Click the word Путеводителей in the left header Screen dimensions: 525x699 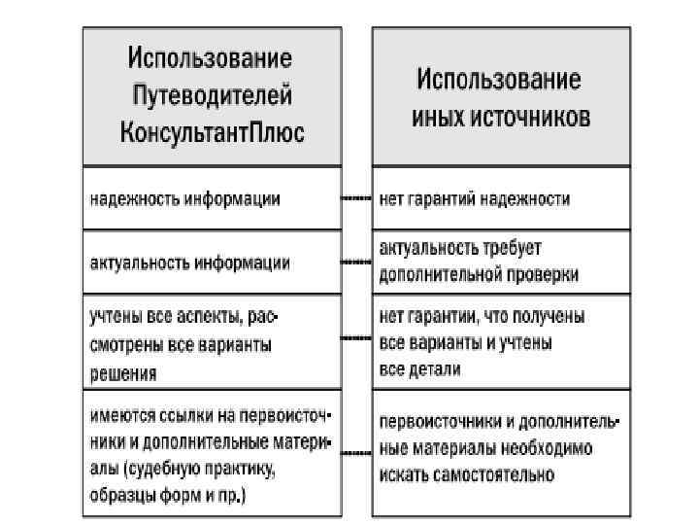tap(212, 95)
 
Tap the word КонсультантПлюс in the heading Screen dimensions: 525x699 tap(212, 131)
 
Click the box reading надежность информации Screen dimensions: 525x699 tap(212, 198)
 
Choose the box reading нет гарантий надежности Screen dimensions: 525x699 tap(501, 198)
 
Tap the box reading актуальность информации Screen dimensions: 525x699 tap(212, 262)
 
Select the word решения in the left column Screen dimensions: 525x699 tap(123, 371)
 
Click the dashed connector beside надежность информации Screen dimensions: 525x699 tap(355, 198)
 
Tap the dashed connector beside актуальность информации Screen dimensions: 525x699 tap(355, 262)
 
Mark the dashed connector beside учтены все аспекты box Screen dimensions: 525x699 tap(355, 339)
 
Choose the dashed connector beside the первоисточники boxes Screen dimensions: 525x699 tap(355, 453)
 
